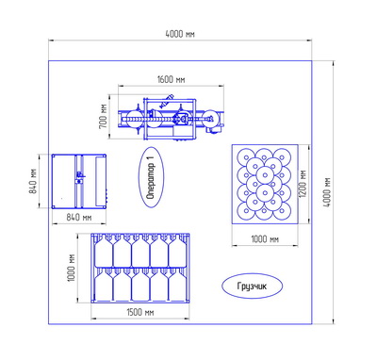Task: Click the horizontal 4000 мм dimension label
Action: coord(180,34)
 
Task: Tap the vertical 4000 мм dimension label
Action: coord(327,192)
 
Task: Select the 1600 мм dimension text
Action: coord(171,79)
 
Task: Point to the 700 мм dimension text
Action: coord(104,116)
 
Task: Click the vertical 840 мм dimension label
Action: coord(34,181)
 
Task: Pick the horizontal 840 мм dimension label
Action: coord(79,217)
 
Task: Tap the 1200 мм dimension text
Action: coord(303,184)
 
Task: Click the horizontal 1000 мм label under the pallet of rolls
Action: coord(265,239)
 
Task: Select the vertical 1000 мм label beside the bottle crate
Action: coord(72,268)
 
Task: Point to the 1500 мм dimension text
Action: coord(140,312)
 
